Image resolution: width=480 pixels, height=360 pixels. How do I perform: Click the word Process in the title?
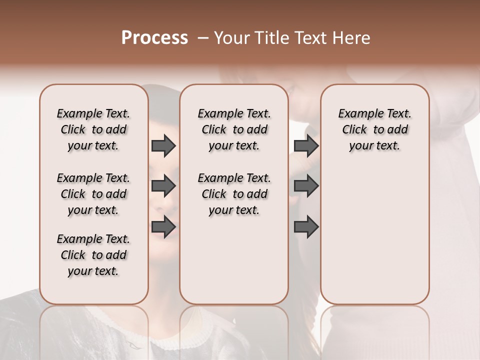coord(154,38)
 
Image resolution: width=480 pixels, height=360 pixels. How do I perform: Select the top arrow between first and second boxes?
coord(163,146)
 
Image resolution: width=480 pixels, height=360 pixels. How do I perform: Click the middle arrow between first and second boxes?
coord(163,186)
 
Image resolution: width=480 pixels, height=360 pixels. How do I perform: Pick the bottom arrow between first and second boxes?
coord(163,227)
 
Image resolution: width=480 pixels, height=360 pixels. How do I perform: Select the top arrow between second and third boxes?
coord(306,146)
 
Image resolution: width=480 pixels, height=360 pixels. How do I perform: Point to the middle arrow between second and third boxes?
coord(306,186)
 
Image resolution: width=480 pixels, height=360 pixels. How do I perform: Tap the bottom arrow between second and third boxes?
coord(306,227)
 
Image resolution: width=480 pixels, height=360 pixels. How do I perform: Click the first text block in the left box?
coord(93,129)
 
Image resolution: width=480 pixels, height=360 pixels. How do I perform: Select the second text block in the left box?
coord(93,194)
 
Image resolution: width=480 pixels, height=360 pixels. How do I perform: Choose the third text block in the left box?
coord(93,255)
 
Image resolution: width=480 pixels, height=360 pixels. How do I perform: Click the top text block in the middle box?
coord(234,129)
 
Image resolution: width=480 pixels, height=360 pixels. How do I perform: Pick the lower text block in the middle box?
coord(234,194)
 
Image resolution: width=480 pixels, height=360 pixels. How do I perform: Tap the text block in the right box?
coord(374,129)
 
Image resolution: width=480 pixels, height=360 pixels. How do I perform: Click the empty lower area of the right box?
coord(374,235)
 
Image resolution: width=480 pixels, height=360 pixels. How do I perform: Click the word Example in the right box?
coord(358,113)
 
